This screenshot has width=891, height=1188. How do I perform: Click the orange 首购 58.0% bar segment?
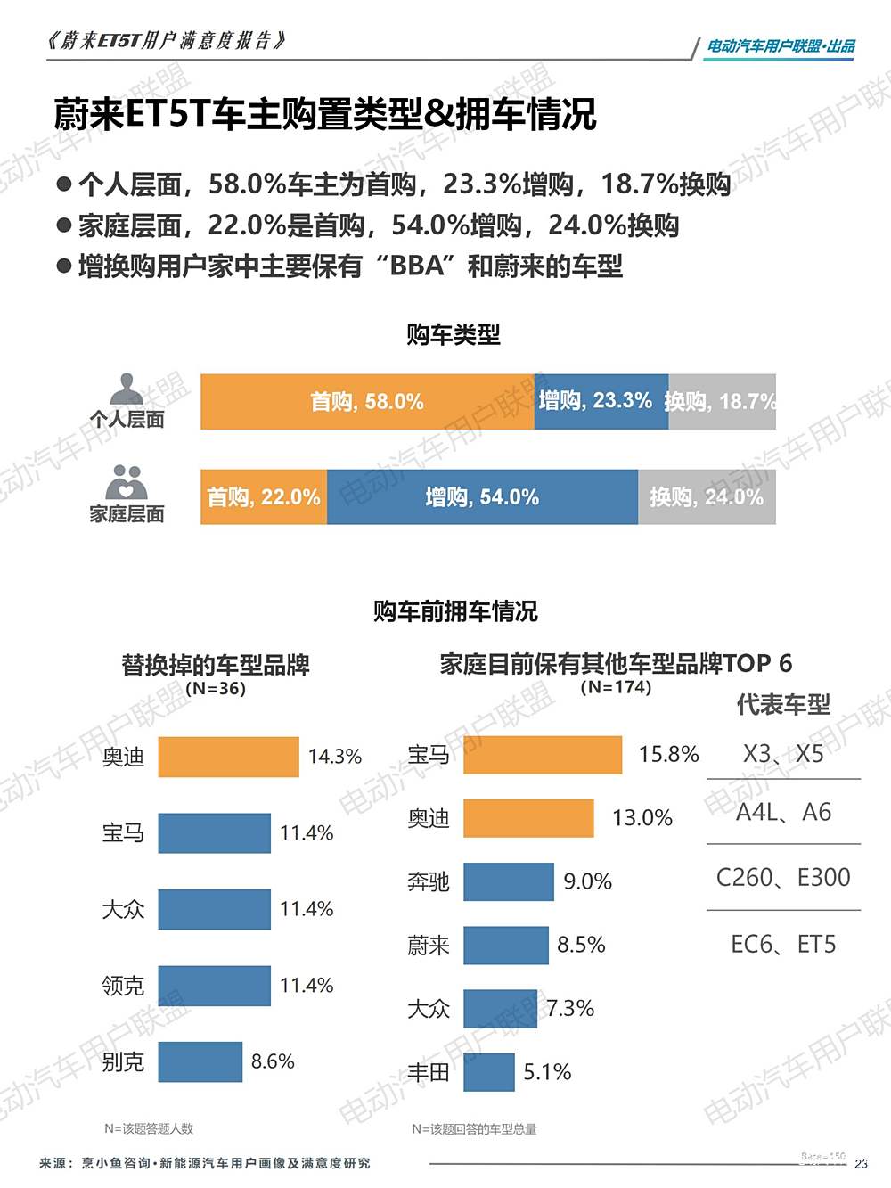click(367, 402)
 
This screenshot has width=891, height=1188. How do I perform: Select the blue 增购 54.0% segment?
click(482, 496)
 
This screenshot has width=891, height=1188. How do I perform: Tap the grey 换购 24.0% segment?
click(707, 496)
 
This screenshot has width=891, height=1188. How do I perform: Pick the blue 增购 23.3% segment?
click(601, 402)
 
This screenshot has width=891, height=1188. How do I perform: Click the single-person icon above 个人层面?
click(127, 389)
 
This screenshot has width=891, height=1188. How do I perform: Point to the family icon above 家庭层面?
click(126, 482)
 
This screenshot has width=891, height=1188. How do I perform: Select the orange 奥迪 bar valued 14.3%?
click(228, 757)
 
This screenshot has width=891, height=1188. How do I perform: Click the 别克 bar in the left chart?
click(200, 1061)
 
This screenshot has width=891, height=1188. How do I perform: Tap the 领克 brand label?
click(123, 986)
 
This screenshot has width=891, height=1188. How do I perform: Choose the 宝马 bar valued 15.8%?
click(542, 755)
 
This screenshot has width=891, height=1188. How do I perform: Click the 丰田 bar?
click(488, 1072)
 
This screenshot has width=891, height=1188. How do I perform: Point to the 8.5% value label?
click(581, 945)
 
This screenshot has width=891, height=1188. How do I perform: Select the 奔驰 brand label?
click(429, 882)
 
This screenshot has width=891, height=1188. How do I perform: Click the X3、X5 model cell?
click(783, 754)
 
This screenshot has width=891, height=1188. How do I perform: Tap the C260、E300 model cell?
click(783, 878)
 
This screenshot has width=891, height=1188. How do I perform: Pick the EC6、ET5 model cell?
click(783, 945)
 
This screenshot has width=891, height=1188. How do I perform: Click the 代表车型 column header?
click(783, 705)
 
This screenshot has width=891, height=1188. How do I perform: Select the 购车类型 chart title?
click(454, 335)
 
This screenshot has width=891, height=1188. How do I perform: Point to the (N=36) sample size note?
click(216, 689)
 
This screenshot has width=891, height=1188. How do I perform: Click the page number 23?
click(861, 1164)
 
